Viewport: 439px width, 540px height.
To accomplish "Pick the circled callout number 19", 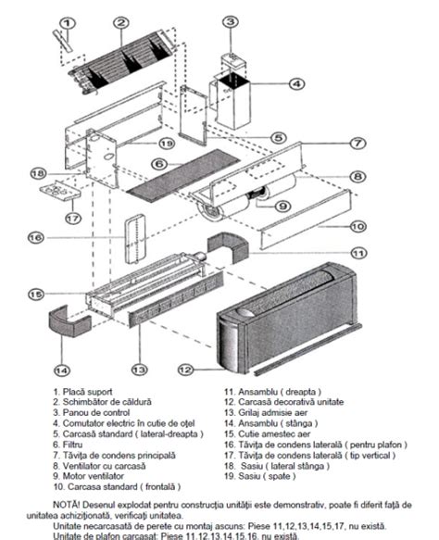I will [x=166, y=144].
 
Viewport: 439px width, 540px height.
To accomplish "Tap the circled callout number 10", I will [x=357, y=226].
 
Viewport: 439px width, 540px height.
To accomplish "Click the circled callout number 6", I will [x=158, y=163].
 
